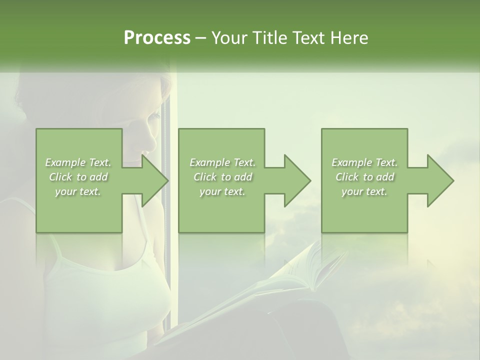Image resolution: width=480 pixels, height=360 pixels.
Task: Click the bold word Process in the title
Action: (x=157, y=38)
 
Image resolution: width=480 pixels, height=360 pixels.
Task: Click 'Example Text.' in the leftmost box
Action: (x=78, y=162)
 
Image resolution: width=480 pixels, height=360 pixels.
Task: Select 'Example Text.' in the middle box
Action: (x=222, y=162)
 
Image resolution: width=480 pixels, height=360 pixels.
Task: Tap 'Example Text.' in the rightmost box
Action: (x=364, y=162)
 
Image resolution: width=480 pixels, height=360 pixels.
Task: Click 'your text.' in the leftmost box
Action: (x=78, y=191)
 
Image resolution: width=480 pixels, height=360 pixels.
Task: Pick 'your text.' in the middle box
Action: (x=222, y=191)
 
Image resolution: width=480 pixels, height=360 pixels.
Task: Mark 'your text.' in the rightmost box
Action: (x=364, y=191)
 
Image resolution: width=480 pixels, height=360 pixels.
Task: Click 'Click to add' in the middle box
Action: (x=222, y=177)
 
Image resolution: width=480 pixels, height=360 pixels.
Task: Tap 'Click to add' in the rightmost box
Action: (x=364, y=177)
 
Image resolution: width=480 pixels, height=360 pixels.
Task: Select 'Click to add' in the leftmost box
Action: (x=78, y=177)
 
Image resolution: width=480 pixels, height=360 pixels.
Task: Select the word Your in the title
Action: (x=227, y=38)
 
